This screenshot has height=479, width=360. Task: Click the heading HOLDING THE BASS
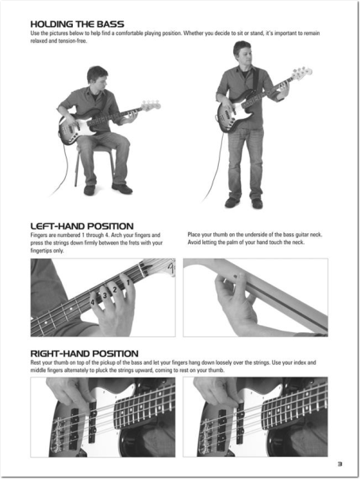click(77, 24)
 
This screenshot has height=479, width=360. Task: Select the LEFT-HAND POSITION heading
click(82, 226)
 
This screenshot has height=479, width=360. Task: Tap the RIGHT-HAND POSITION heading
click(84, 354)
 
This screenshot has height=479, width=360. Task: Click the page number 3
click(339, 464)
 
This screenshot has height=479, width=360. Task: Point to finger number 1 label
click(128, 282)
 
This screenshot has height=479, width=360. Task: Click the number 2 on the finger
click(115, 289)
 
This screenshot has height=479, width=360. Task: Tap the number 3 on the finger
click(105, 295)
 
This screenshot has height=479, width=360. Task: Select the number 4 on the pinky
click(93, 302)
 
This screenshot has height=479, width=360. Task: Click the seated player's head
click(98, 76)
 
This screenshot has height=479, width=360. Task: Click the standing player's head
click(243, 52)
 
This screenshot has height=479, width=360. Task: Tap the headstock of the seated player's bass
click(151, 105)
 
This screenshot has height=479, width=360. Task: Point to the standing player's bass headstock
click(301, 73)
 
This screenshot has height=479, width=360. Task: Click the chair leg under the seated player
click(76, 170)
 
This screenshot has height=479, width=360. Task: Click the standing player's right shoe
click(232, 202)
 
